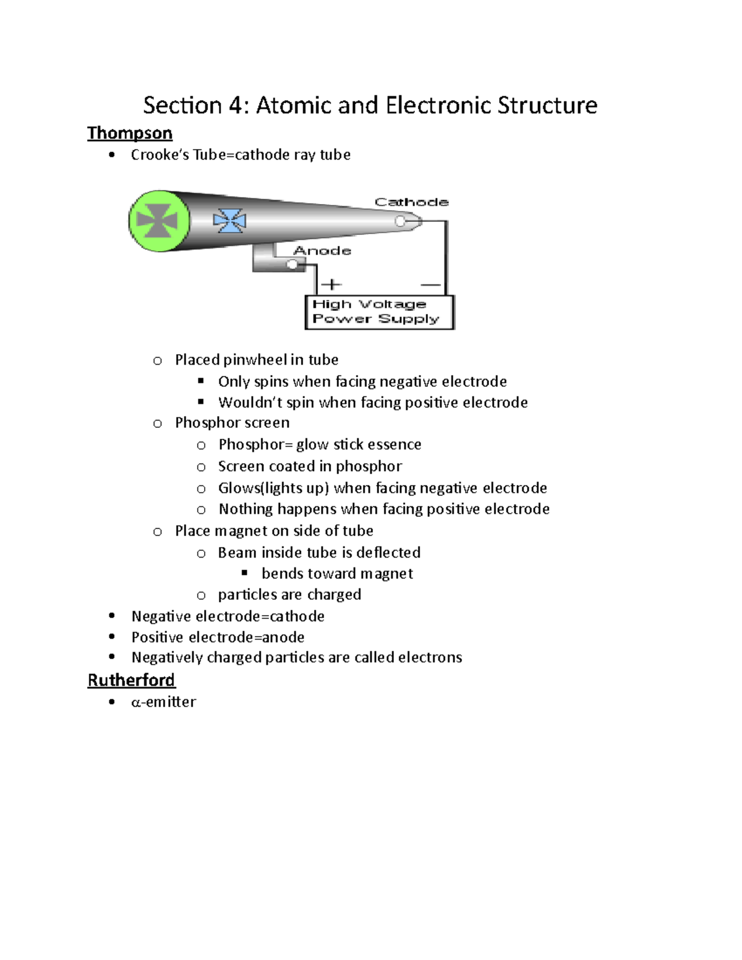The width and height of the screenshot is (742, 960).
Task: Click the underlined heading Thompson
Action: (129, 134)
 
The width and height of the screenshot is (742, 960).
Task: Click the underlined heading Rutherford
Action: (131, 680)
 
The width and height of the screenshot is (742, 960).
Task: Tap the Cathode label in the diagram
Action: (411, 202)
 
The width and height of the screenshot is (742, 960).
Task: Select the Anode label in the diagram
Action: (322, 250)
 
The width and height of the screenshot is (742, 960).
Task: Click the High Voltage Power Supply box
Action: (380, 312)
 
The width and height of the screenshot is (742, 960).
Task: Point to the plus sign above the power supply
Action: (332, 284)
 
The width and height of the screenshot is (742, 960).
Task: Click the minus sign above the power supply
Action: (430, 285)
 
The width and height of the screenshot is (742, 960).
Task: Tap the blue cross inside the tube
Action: (229, 221)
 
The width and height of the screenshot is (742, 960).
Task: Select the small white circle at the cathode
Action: (400, 221)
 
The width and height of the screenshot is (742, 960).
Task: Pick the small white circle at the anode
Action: (292, 265)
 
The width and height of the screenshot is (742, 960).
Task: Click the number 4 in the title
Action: (236, 106)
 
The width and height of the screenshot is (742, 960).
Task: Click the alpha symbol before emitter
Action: (136, 702)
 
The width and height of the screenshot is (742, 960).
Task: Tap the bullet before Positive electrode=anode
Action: (112, 636)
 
